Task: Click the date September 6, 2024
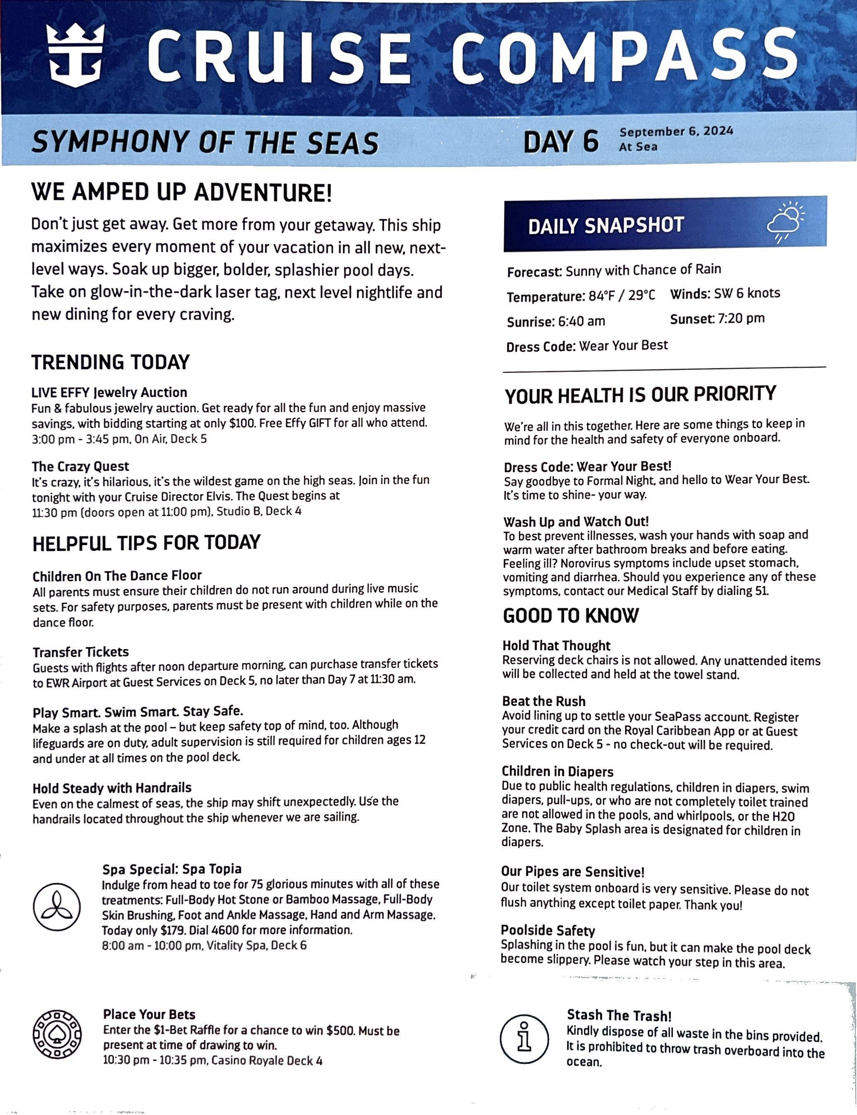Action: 676,131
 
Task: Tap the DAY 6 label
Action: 561,141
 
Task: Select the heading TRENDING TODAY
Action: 110,362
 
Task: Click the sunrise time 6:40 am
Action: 581,321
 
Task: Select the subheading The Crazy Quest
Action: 80,466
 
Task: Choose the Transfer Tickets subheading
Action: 80,652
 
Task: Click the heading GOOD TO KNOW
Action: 570,615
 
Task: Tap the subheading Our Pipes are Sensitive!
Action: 572,871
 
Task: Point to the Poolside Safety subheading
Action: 547,930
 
